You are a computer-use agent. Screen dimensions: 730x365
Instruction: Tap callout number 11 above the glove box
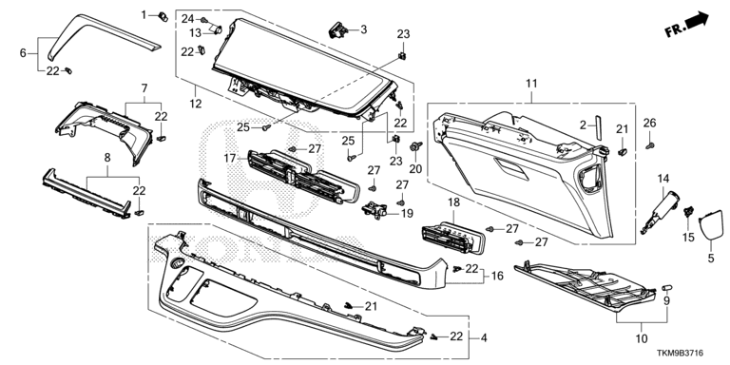[x=531, y=84]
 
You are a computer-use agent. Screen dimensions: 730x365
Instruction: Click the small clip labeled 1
[x=163, y=17]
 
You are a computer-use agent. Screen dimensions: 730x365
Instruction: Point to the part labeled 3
[x=338, y=30]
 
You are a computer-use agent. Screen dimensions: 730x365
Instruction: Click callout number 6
[x=23, y=53]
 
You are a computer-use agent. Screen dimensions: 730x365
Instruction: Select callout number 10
[x=641, y=339]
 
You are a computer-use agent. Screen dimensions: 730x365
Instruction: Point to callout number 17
[x=230, y=159]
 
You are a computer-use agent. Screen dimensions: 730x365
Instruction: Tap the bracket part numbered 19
[x=375, y=210]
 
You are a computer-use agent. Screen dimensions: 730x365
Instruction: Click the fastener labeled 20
[x=415, y=147]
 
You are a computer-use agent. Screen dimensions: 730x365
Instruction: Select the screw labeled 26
[x=650, y=145]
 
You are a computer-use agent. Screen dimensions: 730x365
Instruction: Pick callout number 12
[x=196, y=104]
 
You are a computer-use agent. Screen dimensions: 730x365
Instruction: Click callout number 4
[x=484, y=338]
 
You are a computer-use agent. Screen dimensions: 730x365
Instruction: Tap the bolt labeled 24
[x=203, y=20]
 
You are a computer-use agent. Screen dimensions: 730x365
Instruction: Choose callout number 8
[x=107, y=158]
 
